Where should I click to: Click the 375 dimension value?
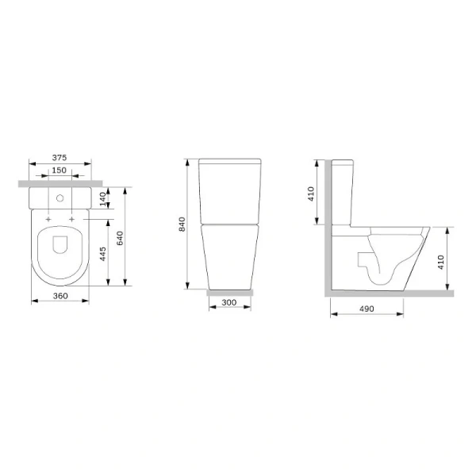coord(60,156)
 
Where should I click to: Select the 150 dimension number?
coord(60,171)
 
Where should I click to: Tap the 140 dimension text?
coord(102,198)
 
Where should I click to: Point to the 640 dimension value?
coord(120,237)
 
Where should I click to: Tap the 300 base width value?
coord(231,303)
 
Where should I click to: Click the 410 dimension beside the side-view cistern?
coord(312,192)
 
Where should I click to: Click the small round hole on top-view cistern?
coord(60,195)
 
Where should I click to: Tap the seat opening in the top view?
coord(60,247)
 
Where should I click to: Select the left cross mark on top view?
coord(49,218)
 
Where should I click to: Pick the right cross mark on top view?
coord(72,218)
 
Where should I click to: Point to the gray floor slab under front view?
coord(231,292)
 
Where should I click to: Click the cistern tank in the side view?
coord(342,190)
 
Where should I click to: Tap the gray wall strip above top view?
coord(60,183)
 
